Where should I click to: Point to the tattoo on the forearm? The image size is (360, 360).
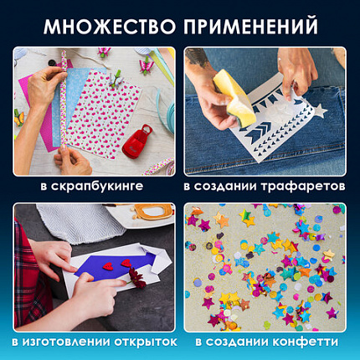(x=199, y=58)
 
